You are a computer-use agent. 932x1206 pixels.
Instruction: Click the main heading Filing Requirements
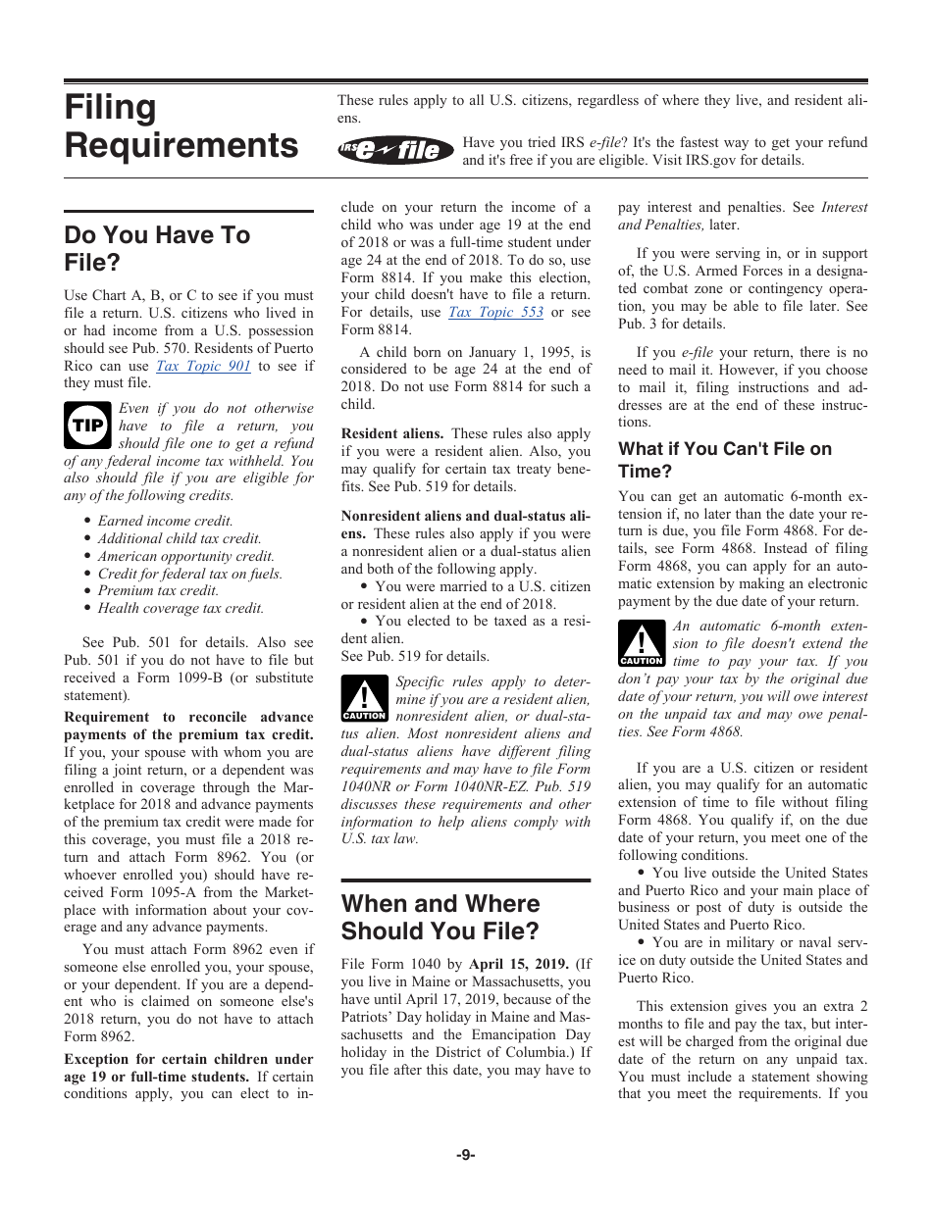point(181,126)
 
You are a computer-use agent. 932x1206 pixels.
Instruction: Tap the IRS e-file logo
point(396,150)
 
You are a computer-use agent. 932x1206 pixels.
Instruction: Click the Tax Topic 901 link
point(203,366)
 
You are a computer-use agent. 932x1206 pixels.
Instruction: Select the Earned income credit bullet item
point(165,522)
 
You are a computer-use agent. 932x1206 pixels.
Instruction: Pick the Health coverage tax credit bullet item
point(181,608)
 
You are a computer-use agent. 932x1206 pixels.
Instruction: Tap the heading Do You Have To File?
point(157,249)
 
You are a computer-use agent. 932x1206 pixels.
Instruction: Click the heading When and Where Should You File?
point(440,917)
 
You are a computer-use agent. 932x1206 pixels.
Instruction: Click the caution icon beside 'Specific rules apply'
point(364,698)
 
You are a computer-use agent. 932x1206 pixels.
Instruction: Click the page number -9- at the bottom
point(465,1155)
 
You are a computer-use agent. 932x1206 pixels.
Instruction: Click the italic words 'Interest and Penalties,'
point(742,216)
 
